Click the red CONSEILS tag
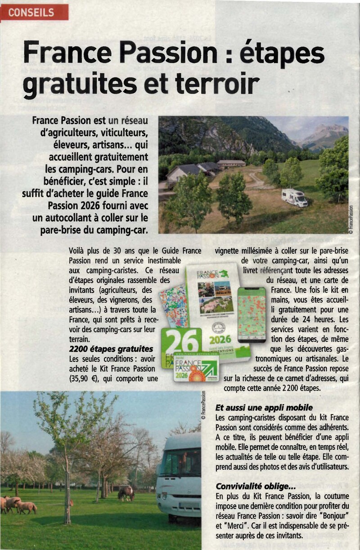tap(35, 13)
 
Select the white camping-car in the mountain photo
tap(294, 197)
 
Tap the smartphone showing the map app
tap(252, 315)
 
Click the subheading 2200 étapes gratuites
tap(111, 349)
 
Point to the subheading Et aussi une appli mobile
tap(264, 408)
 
